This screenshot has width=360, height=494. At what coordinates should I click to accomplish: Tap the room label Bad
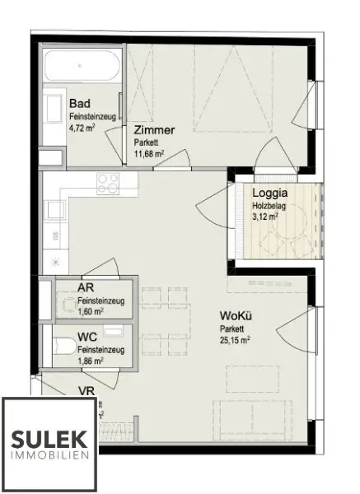80,104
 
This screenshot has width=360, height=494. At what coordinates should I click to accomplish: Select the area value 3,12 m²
265,217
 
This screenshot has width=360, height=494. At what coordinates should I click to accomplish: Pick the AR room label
85,287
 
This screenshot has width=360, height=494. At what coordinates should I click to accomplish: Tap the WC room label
87,336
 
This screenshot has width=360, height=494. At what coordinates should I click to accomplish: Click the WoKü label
235,316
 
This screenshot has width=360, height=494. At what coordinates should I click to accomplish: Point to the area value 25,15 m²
235,338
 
